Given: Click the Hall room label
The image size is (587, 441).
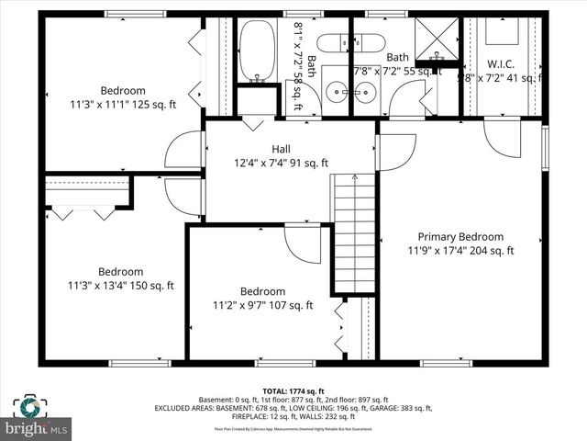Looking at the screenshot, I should point(281,149).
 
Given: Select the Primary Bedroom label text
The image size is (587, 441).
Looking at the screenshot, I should point(460,236).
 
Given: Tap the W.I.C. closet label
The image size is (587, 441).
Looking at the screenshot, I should point(500,64).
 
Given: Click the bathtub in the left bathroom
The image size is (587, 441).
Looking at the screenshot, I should point(256,50).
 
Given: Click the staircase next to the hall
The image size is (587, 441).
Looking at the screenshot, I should point(354,233).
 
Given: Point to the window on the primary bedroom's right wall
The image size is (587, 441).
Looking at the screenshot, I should point(545,147).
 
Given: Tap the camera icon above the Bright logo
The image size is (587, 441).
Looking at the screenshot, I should point(28,406).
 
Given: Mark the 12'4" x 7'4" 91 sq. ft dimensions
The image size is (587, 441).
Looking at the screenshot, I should point(280,164).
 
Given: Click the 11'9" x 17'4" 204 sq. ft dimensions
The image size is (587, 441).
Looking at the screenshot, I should point(460,250).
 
